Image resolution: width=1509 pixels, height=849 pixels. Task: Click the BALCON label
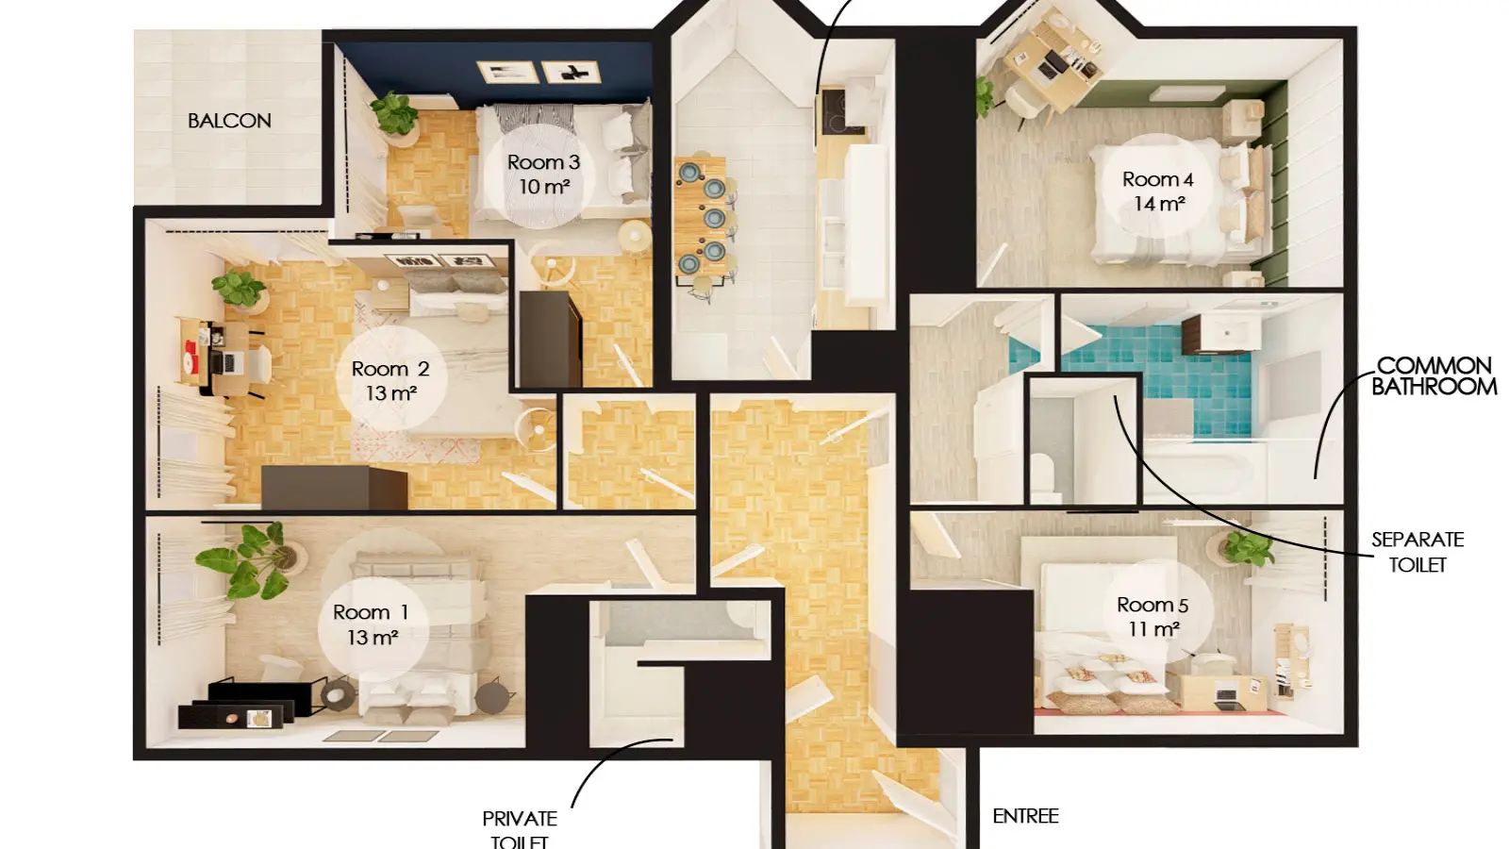pos(229,121)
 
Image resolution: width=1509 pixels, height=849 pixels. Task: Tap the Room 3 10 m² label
pos(543,174)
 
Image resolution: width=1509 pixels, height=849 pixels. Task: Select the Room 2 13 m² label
pos(390,381)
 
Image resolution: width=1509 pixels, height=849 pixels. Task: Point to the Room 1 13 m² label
pos(372,624)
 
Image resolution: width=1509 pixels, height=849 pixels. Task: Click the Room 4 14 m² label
pos(1158,191)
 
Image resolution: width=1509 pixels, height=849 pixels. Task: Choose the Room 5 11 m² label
pos(1152,617)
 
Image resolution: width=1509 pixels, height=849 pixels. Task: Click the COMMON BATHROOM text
pos(1434,376)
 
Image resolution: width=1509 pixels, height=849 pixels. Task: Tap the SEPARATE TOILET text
pos(1418,552)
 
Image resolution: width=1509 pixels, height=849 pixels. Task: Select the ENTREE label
pos(1025,816)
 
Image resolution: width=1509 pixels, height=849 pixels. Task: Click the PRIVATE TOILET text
pos(520,830)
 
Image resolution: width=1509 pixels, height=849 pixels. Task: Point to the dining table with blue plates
pos(701,216)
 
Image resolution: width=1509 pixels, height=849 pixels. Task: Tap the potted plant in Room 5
pos(1246,547)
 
